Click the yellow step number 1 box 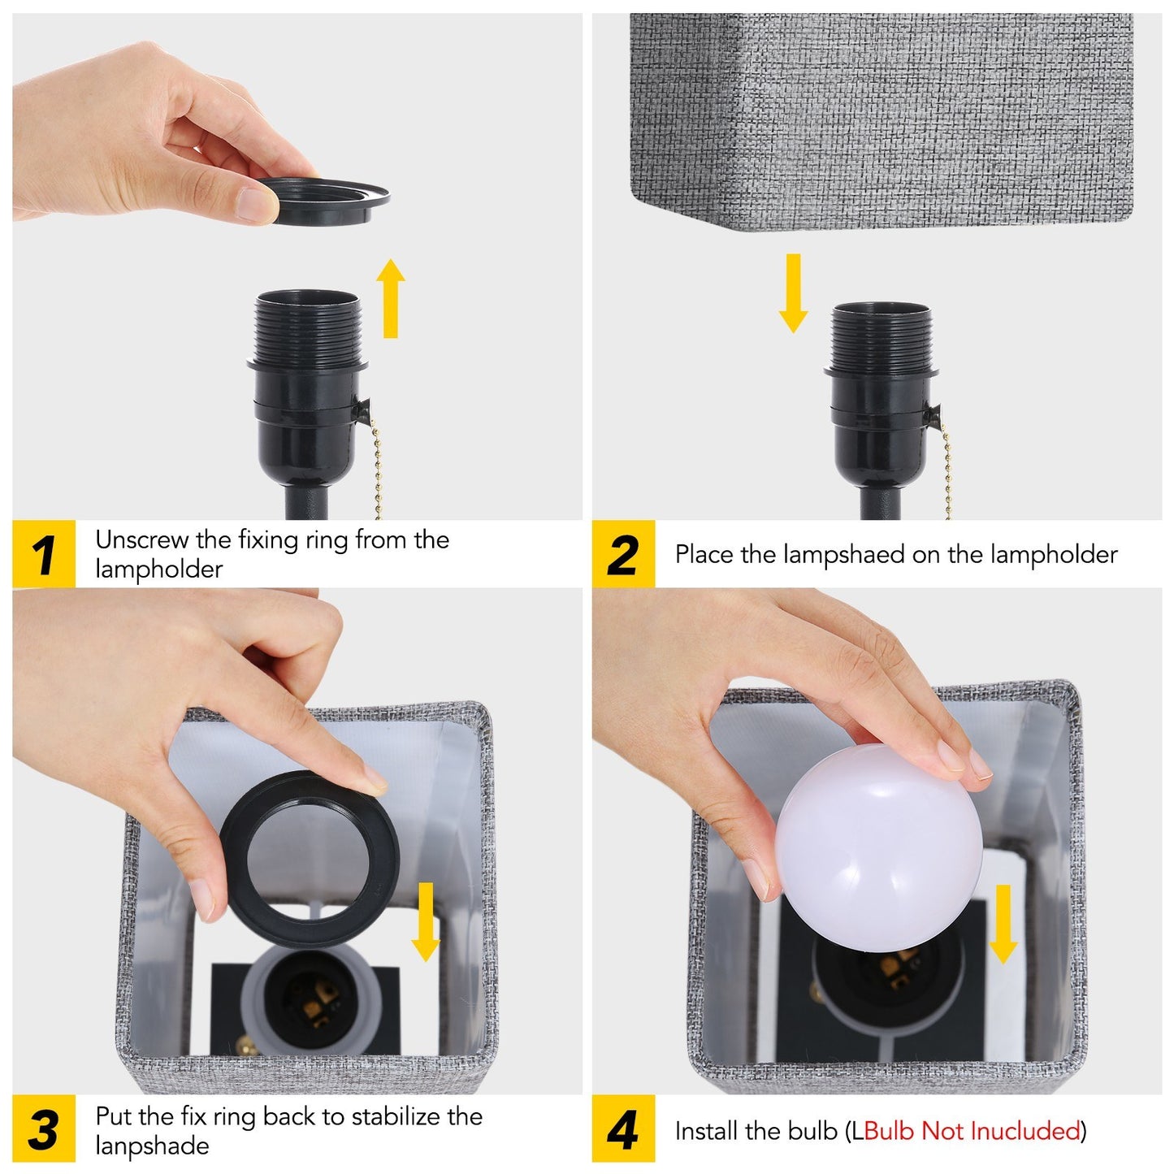pyautogui.click(x=44, y=553)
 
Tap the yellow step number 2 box pyautogui.click(x=622, y=553)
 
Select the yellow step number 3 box pyautogui.click(x=44, y=1129)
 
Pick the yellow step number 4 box pyautogui.click(x=622, y=1129)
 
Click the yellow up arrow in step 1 pyautogui.click(x=391, y=298)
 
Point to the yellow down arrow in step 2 pyautogui.click(x=793, y=293)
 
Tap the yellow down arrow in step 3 pyautogui.click(x=425, y=922)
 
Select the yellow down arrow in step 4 pyautogui.click(x=1003, y=925)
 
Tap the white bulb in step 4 pyautogui.click(x=878, y=847)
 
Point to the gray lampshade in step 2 pyautogui.click(x=881, y=122)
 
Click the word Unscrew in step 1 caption pyautogui.click(x=142, y=539)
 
